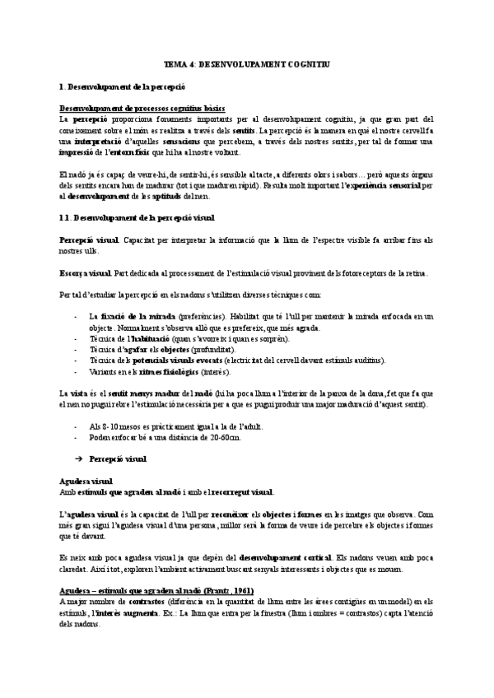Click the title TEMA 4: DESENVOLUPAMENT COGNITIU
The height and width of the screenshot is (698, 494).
click(x=247, y=63)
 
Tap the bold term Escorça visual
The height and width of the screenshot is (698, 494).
click(x=86, y=272)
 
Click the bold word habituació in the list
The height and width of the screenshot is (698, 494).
click(x=144, y=337)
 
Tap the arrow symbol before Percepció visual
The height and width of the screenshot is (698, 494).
click(x=79, y=458)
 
